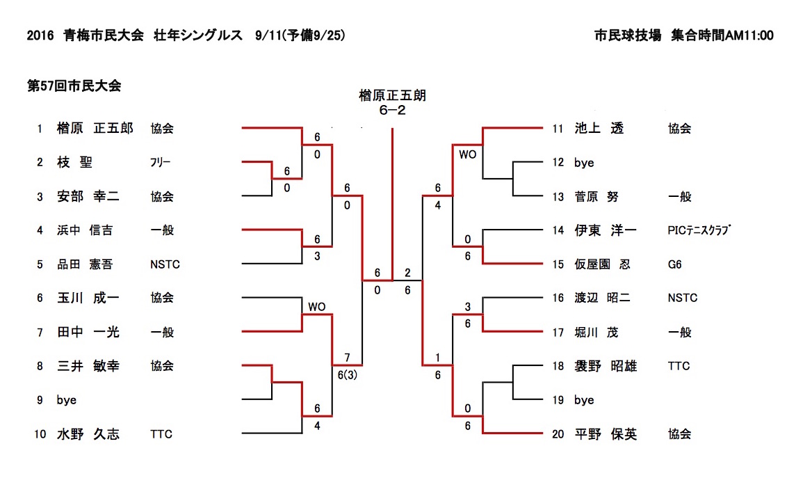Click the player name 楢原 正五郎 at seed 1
point(95,129)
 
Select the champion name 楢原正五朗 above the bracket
point(392,95)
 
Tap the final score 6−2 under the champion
point(392,110)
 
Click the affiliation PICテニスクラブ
point(700,230)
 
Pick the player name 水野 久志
point(88,435)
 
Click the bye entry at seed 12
point(584,163)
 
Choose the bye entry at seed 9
point(67,401)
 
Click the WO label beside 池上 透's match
point(468,154)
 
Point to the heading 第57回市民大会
point(74,86)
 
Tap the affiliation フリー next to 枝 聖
point(160,163)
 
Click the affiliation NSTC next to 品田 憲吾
point(165,264)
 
